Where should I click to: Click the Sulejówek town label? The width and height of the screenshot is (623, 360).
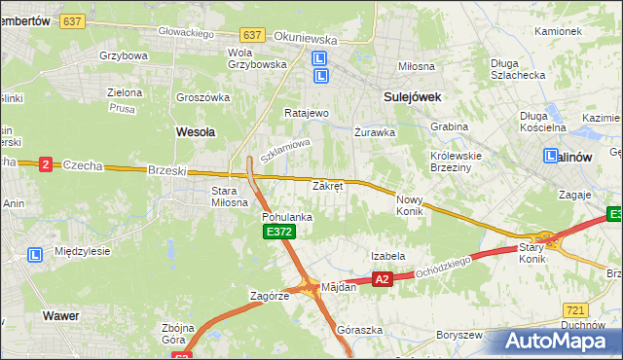(x=413, y=97)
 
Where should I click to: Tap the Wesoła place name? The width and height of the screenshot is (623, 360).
(x=195, y=129)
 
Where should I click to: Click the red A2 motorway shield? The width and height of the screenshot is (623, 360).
(x=383, y=279)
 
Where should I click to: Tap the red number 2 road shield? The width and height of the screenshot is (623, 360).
(x=45, y=164)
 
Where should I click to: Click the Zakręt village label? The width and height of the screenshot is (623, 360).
(x=327, y=185)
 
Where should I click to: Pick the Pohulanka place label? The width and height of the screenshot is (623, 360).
(x=286, y=217)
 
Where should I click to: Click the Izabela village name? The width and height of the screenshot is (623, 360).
(x=387, y=256)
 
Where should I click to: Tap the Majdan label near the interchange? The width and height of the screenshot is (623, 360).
(x=340, y=286)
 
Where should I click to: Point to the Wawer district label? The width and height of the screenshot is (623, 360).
(x=60, y=315)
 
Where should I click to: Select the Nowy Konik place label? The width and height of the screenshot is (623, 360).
(x=410, y=204)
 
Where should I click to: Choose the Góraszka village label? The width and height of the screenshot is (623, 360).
(x=353, y=330)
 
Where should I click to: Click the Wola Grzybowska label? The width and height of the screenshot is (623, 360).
(x=256, y=57)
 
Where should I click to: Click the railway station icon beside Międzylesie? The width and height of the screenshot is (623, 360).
(x=35, y=254)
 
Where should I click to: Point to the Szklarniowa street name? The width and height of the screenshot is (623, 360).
(x=285, y=150)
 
